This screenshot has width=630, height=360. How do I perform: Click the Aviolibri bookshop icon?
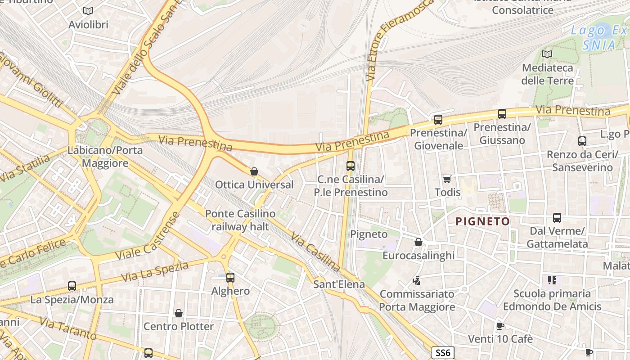tap(88, 11)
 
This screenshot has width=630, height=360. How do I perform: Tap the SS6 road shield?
tap(443, 352)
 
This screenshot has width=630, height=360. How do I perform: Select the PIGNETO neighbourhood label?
tap(482, 221)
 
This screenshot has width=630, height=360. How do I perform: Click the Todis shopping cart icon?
tap(447, 180)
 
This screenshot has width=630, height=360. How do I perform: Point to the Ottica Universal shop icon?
tap(254, 171)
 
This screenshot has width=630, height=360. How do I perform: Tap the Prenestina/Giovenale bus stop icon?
tap(438, 120)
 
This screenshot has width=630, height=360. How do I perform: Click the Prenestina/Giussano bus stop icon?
tap(502, 114)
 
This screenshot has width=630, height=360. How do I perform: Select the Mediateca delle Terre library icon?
tap(547, 54)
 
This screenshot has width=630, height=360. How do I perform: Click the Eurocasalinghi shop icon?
tap(418, 243)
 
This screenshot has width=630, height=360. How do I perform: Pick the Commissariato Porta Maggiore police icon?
tap(417, 281)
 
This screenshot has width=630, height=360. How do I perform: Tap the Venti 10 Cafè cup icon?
tap(500, 326)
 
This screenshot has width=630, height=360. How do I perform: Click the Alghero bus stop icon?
tap(230, 278)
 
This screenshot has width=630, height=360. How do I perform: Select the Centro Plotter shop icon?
tap(179, 313)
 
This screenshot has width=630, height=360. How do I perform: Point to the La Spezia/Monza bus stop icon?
tap(72, 286)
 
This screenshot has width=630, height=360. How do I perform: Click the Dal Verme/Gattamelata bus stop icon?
tap(557, 218)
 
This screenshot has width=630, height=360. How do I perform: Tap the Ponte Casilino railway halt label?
tap(240, 220)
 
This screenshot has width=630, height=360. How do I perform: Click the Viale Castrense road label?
tap(147, 236)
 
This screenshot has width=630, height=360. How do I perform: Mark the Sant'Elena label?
tap(339, 284)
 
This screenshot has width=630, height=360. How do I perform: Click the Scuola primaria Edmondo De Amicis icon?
tap(552, 281)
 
